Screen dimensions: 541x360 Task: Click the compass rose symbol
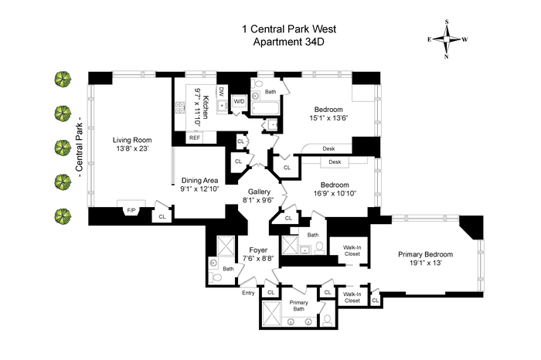[447, 39]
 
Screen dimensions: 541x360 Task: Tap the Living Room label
[132, 140]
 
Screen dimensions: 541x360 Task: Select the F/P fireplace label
[131, 210]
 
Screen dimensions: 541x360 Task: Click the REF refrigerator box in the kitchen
[195, 138]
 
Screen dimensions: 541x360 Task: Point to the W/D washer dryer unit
[239, 101]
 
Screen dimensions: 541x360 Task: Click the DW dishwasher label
[221, 91]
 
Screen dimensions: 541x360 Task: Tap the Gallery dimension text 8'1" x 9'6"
[259, 199]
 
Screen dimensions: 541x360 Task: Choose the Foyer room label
[258, 250]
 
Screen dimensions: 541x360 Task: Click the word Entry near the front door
[248, 293]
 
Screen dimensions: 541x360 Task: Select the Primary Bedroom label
[425, 254]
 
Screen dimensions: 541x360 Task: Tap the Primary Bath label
[299, 305]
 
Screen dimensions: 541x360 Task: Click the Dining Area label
[199, 180]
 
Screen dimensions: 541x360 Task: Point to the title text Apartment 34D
[289, 42]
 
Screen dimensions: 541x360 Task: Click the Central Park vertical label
[79, 147]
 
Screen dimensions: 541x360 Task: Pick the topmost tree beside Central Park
[63, 80]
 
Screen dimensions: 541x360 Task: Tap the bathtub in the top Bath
[265, 109]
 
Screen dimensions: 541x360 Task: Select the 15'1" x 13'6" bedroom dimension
[328, 118]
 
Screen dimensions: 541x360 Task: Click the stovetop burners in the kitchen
[180, 107]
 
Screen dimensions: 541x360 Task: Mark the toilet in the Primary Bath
[327, 321]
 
